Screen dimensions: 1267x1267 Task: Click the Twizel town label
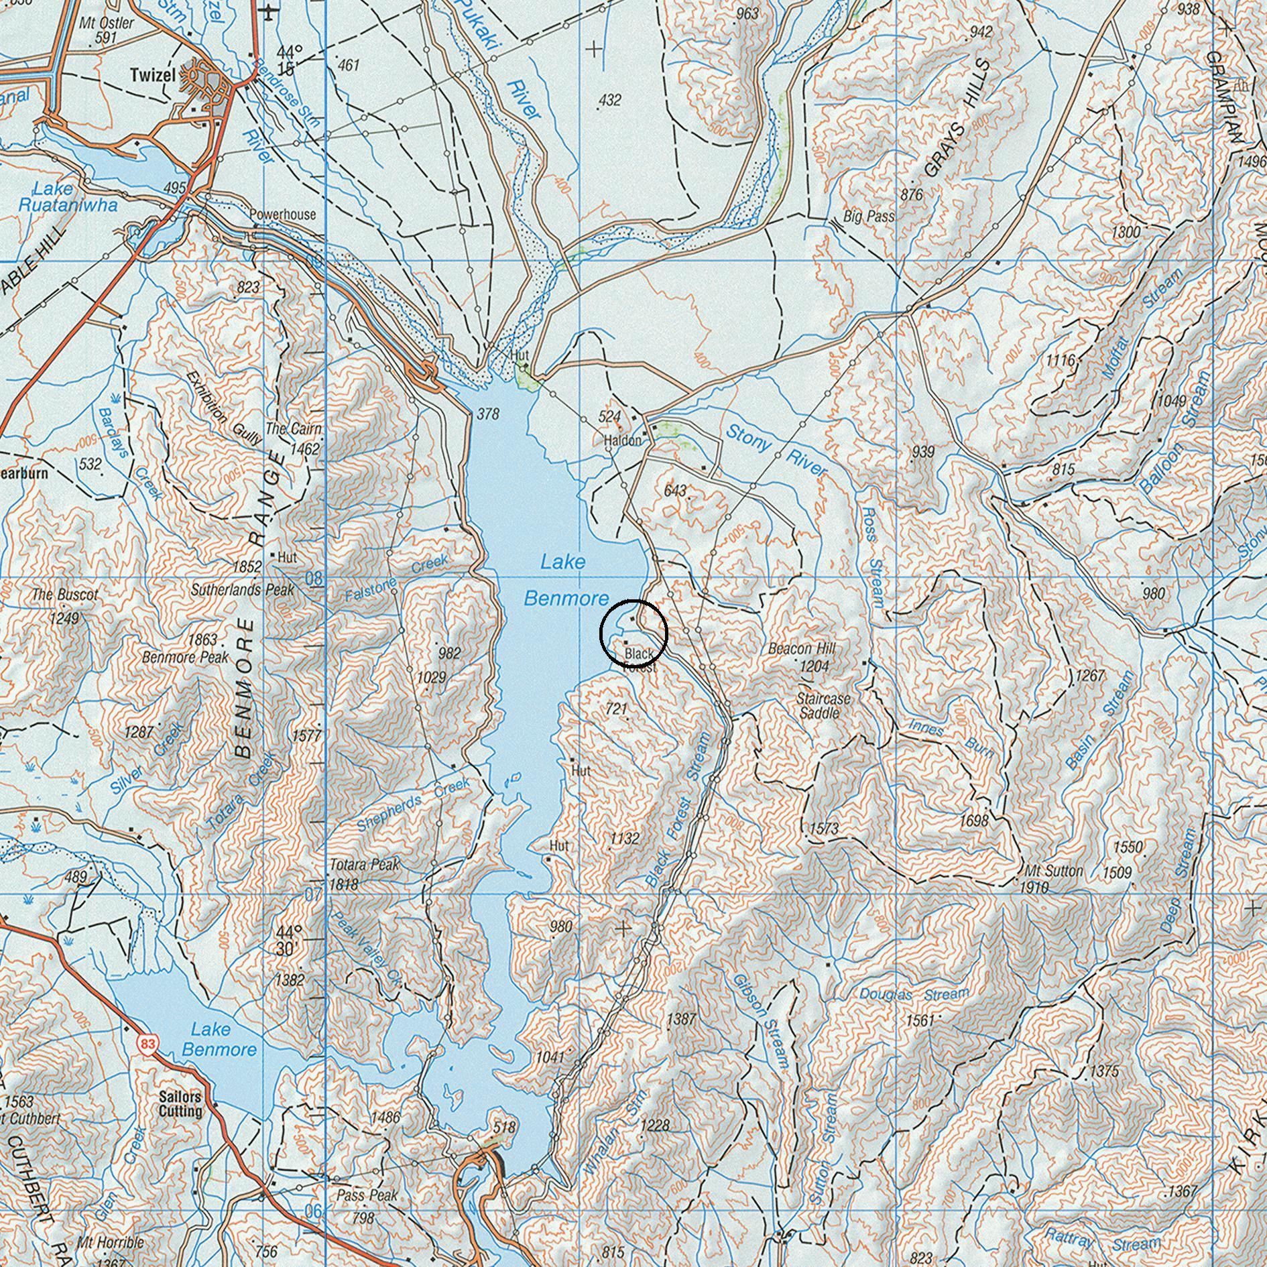tap(152, 74)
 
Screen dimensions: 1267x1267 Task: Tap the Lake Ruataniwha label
tap(67, 198)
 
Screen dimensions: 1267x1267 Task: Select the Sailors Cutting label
tap(180, 1104)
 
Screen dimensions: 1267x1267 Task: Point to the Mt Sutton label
tap(1054, 871)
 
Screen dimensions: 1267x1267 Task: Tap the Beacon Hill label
tap(801, 649)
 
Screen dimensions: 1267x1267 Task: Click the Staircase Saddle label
tap(823, 706)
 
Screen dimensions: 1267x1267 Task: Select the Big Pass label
tap(868, 217)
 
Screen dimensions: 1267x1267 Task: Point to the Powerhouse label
tap(282, 215)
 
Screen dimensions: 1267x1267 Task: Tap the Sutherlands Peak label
tap(243, 591)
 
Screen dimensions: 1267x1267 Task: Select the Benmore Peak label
tap(186, 657)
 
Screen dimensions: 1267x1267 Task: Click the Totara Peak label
tap(364, 865)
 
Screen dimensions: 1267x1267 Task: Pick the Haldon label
tap(622, 441)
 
